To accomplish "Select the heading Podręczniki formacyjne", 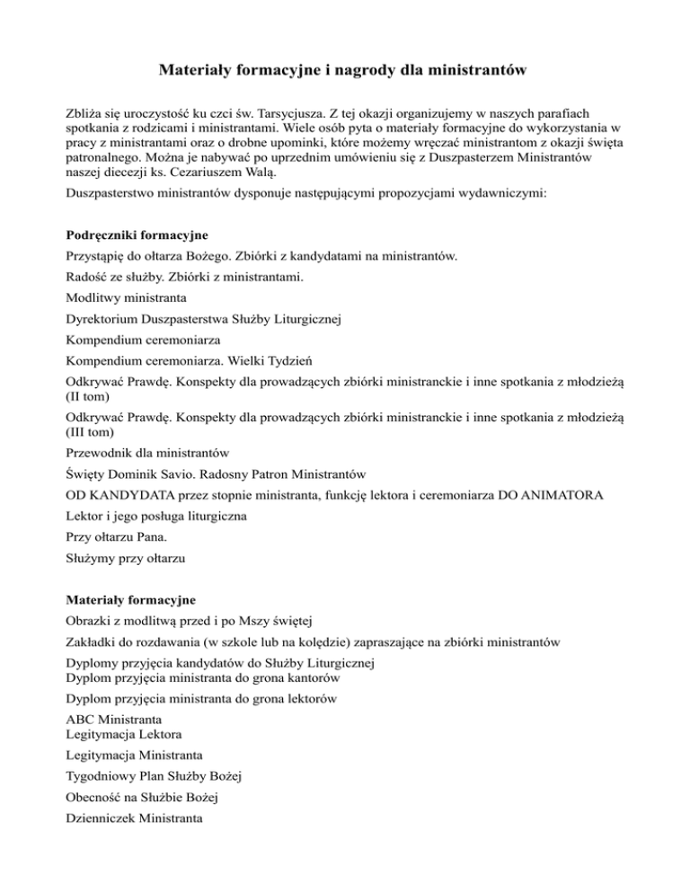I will click(x=136, y=235).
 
